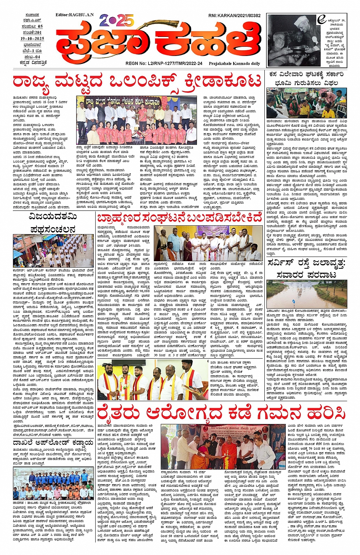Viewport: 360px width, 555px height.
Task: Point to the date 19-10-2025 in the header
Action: [x=32, y=38]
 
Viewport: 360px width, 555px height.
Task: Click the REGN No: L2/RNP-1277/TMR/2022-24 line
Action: [x=164, y=64]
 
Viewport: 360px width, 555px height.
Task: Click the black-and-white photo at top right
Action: [x=292, y=41]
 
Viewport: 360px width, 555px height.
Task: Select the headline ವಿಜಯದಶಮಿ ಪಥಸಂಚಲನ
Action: [x=53, y=223]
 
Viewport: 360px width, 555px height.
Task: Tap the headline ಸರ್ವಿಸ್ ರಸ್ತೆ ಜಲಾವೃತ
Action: [x=306, y=269]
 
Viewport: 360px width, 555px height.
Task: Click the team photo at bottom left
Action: [x=53, y=483]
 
